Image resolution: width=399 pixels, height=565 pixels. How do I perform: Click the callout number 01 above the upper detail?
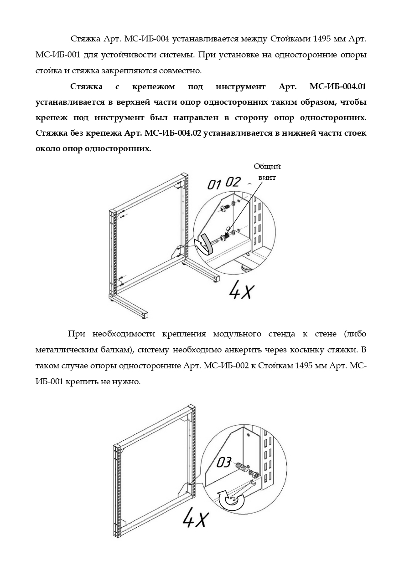click(x=213, y=185)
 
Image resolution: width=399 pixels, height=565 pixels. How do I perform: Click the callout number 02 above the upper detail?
click(x=233, y=182)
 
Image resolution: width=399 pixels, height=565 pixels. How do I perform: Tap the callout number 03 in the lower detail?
click(x=224, y=463)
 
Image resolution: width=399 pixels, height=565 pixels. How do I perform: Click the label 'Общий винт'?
click(x=267, y=172)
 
